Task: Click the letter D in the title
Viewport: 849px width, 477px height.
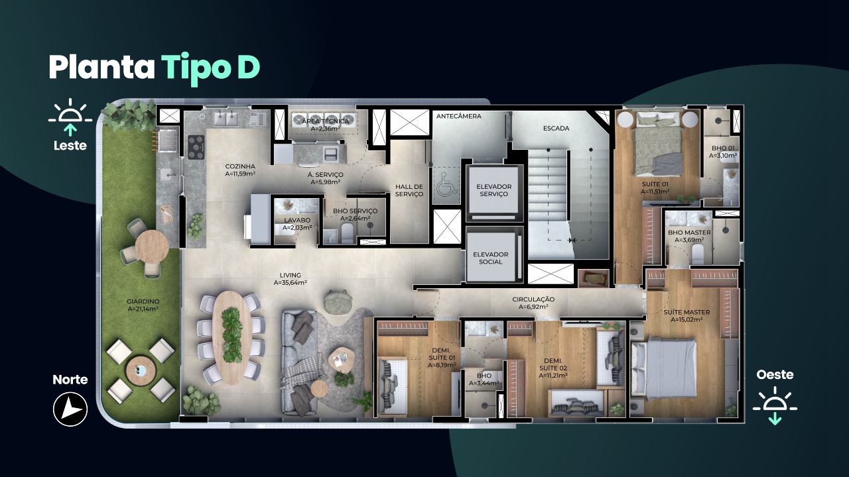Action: [x=249, y=68]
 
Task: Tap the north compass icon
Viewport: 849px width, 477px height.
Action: [x=70, y=409]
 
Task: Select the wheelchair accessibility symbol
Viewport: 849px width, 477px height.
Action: [x=446, y=184]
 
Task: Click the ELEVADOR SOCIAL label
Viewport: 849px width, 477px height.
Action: [x=490, y=258]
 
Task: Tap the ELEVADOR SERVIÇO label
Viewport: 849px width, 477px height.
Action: [x=494, y=190]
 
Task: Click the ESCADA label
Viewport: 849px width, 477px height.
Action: [x=556, y=129]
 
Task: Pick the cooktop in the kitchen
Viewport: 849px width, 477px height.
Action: [x=196, y=146]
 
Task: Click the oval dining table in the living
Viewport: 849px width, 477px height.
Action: [x=232, y=338]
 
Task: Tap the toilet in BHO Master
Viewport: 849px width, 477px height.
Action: [x=698, y=254]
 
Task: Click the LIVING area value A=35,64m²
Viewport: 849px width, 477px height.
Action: [x=291, y=283]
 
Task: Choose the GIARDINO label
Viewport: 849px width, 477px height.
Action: [x=143, y=301]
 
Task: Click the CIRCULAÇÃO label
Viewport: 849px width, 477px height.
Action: [x=533, y=299]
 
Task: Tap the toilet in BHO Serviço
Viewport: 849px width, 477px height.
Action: [x=347, y=233]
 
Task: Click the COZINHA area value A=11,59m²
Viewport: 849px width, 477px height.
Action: [x=240, y=174]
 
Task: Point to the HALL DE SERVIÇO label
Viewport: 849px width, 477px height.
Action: [x=409, y=190]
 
